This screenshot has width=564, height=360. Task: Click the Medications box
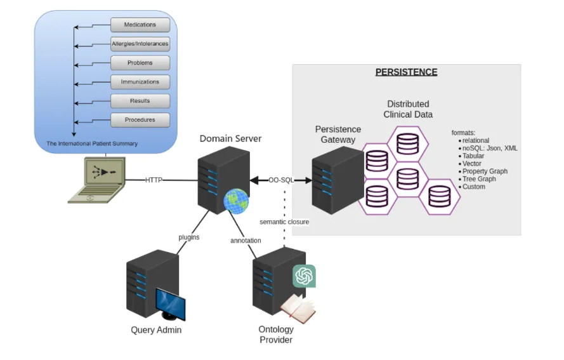[x=140, y=25]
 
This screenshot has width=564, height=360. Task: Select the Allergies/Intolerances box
[x=140, y=44]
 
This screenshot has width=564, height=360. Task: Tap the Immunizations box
[x=140, y=82]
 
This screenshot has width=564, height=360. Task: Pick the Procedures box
[x=140, y=119]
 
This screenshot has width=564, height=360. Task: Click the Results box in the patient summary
[x=140, y=101]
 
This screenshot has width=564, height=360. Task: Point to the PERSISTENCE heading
[x=406, y=72]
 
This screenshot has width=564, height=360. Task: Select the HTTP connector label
[x=154, y=180]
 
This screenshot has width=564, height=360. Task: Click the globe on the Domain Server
[x=235, y=201]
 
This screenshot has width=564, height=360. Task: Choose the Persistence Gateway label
[x=338, y=134]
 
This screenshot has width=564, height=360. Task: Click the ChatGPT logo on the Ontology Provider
[x=304, y=276]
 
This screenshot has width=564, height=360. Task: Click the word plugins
[x=188, y=237]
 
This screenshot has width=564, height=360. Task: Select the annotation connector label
[x=246, y=241]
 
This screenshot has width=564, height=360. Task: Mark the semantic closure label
[x=284, y=222]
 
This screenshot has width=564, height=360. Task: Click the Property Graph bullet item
[x=485, y=171]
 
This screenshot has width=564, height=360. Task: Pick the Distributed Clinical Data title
[x=407, y=109]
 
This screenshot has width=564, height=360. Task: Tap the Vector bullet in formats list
[x=472, y=164]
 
